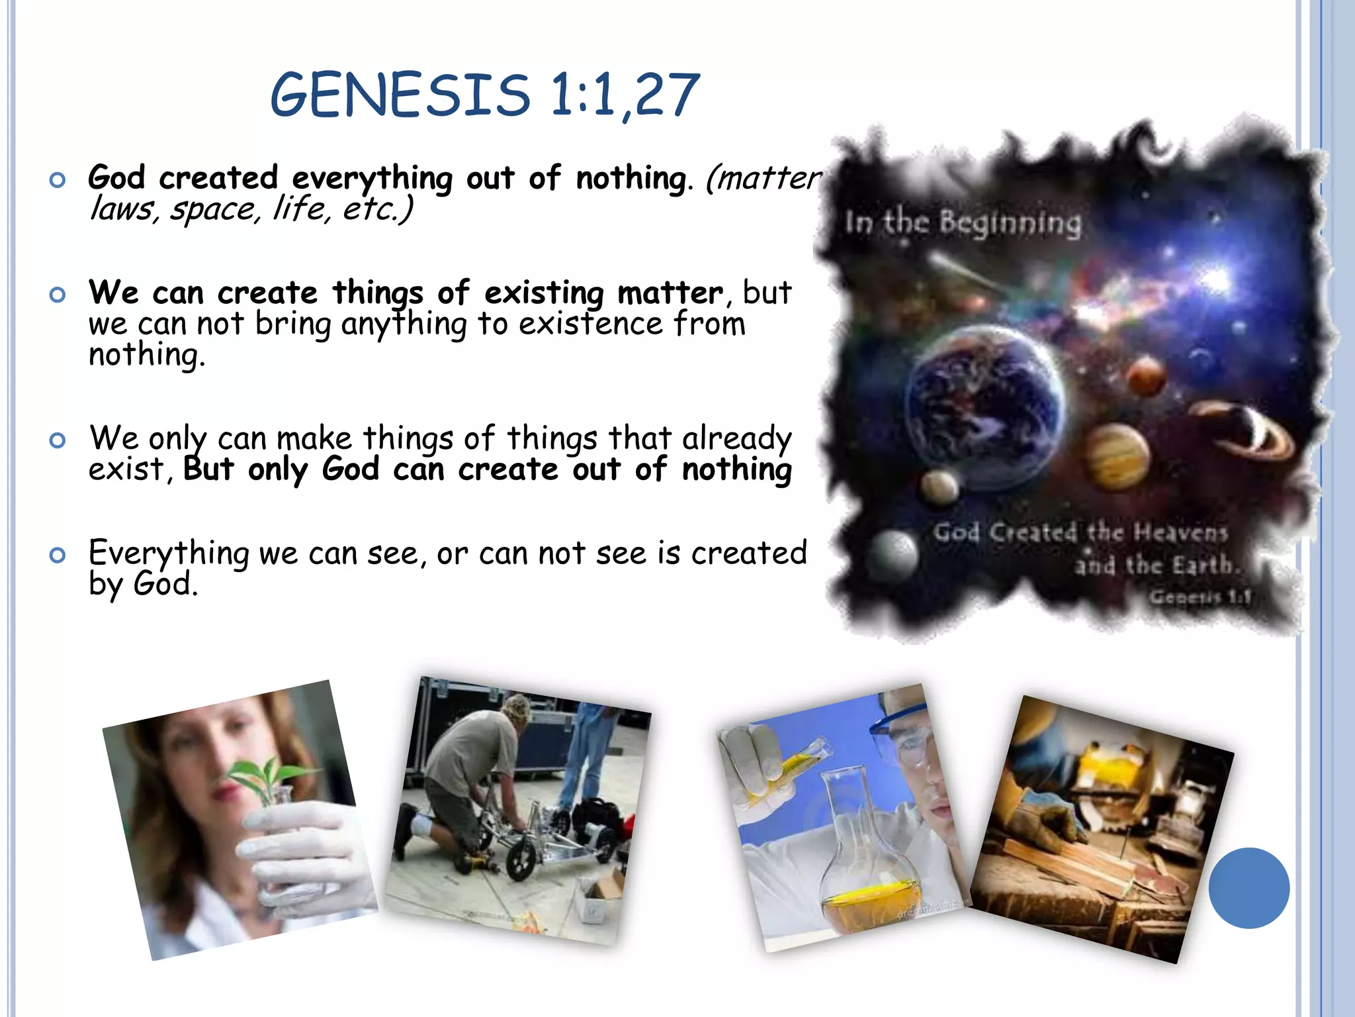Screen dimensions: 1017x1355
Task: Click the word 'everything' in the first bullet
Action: pos(372,179)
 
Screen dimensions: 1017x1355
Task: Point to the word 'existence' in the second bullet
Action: pos(590,324)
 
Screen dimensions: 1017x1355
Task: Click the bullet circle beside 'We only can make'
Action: pos(58,440)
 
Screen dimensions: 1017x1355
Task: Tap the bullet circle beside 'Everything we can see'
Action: pos(58,555)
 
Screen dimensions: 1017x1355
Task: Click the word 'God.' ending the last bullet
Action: pos(165,585)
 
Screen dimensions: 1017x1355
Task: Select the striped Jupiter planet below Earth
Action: pos(1116,456)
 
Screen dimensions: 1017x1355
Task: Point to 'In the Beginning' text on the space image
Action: pos(963,222)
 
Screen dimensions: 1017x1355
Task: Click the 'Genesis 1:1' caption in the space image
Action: pos(1200,597)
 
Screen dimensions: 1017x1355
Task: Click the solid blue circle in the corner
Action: pos(1248,888)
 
